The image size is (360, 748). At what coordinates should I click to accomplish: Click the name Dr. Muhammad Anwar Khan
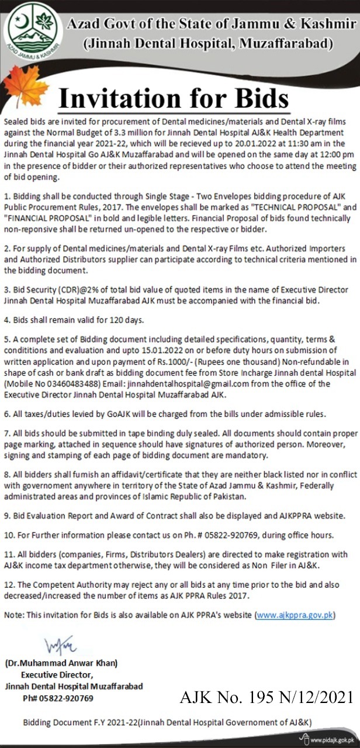(61, 663)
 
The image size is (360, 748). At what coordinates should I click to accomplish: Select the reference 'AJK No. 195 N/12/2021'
(265, 697)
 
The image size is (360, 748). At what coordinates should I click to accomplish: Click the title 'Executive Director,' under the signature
(54, 674)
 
